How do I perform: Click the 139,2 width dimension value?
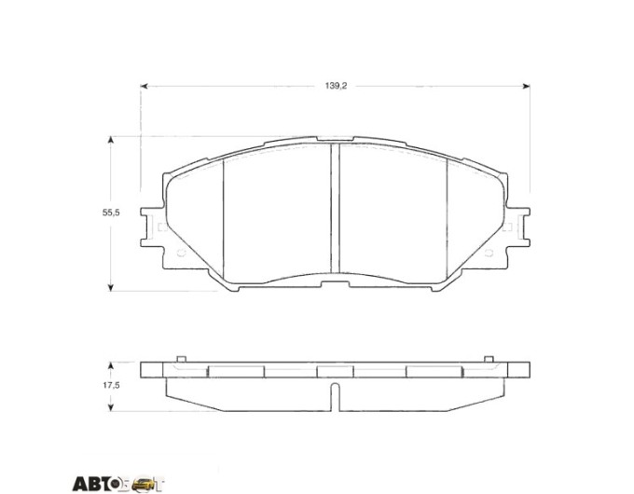[x=336, y=86]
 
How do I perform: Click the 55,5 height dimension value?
[x=110, y=213]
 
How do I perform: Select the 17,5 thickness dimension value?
[x=110, y=385]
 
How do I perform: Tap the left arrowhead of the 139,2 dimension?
[x=144, y=86]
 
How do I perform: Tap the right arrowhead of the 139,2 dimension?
[x=527, y=86]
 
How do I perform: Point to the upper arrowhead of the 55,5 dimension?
[x=110, y=140]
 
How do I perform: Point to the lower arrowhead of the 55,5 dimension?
[x=110, y=287]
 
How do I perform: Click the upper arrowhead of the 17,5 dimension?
[x=110, y=365]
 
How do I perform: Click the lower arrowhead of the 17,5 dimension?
[x=110, y=408]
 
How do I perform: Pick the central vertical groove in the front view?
[x=336, y=208]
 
